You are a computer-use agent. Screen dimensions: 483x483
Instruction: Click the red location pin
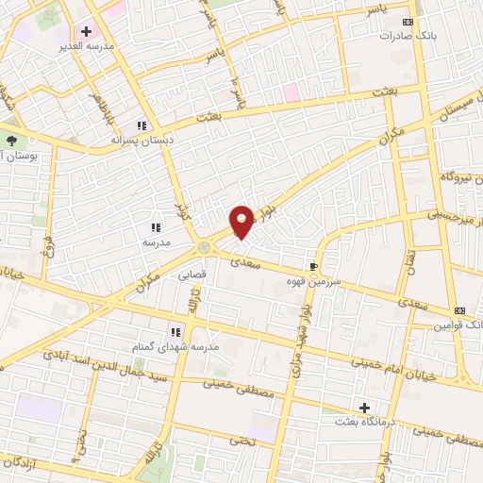(x=241, y=221)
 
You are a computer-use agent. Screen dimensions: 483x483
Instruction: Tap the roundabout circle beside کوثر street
(x=205, y=247)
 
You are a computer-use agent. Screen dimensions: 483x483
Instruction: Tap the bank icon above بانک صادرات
(x=408, y=21)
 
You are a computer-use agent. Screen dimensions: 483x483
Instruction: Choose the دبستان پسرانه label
(x=139, y=140)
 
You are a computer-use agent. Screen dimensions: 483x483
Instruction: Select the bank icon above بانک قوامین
(x=459, y=309)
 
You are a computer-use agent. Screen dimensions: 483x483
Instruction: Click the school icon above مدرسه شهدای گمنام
(x=175, y=332)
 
